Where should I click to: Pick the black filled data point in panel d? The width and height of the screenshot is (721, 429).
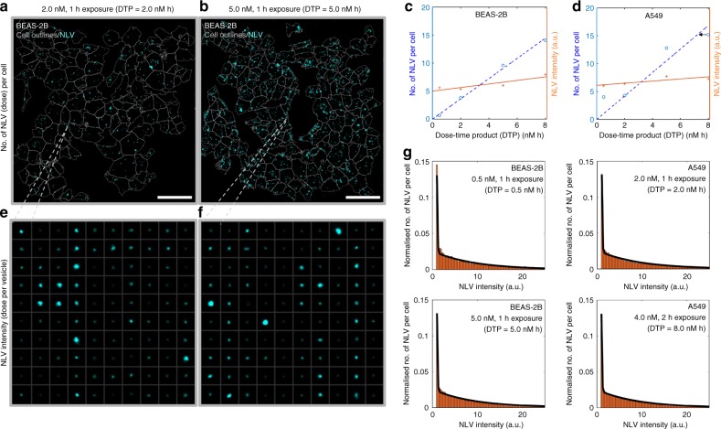(x=701, y=34)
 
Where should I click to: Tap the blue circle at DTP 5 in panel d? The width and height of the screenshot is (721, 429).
(x=667, y=48)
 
